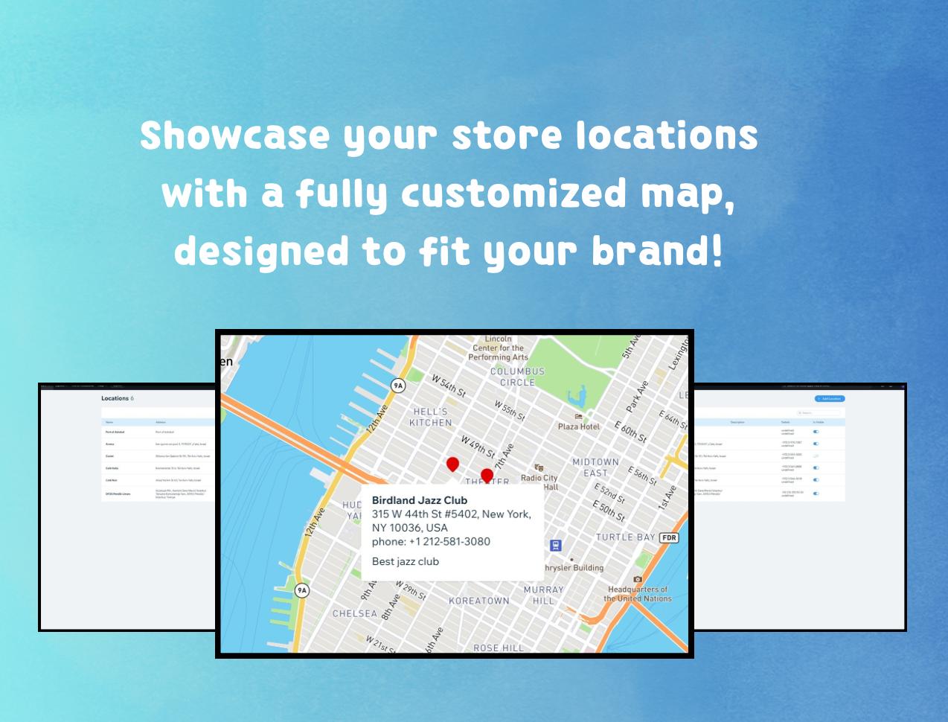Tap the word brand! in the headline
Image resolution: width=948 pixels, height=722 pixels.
pos(657,251)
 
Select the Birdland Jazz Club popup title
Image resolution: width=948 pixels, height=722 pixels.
pos(420,500)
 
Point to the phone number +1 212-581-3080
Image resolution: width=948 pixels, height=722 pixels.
pos(449,541)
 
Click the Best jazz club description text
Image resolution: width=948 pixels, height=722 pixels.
pos(406,561)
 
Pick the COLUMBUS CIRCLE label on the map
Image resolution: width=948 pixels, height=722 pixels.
pos(517,377)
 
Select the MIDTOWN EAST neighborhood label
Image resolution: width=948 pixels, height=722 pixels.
pos(595,467)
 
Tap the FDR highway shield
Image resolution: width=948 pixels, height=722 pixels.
pos(670,537)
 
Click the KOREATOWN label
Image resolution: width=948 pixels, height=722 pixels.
pos(479,601)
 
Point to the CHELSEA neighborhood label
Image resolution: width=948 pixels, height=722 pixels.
pos(355,613)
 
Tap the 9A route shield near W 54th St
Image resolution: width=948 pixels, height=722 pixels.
pos(398,386)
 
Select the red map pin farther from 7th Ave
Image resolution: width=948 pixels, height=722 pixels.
pos(452,465)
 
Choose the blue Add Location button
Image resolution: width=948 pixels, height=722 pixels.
pos(830,399)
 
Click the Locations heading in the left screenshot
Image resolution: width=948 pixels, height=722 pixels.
pos(115,398)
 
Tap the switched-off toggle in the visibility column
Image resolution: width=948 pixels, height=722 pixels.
pos(816,456)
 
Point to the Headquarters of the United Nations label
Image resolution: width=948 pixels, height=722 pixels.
pos(638,593)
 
